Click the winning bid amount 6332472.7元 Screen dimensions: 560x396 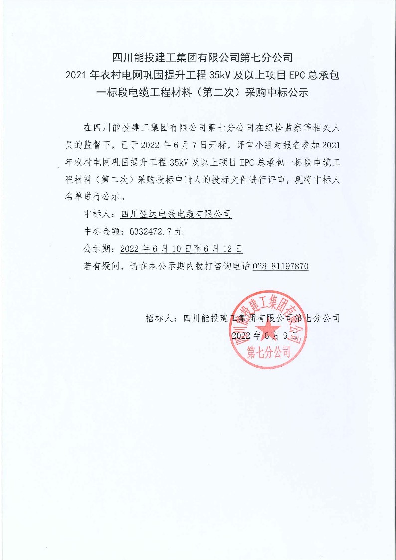click(156, 231)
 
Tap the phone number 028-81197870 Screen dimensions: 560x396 click(281, 266)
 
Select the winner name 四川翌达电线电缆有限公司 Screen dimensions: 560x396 click(176, 214)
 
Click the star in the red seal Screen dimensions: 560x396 click(269, 328)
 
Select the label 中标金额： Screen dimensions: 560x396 click(105, 231)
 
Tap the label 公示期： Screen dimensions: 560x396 click(101, 249)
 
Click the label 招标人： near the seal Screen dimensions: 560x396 click(163, 318)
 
